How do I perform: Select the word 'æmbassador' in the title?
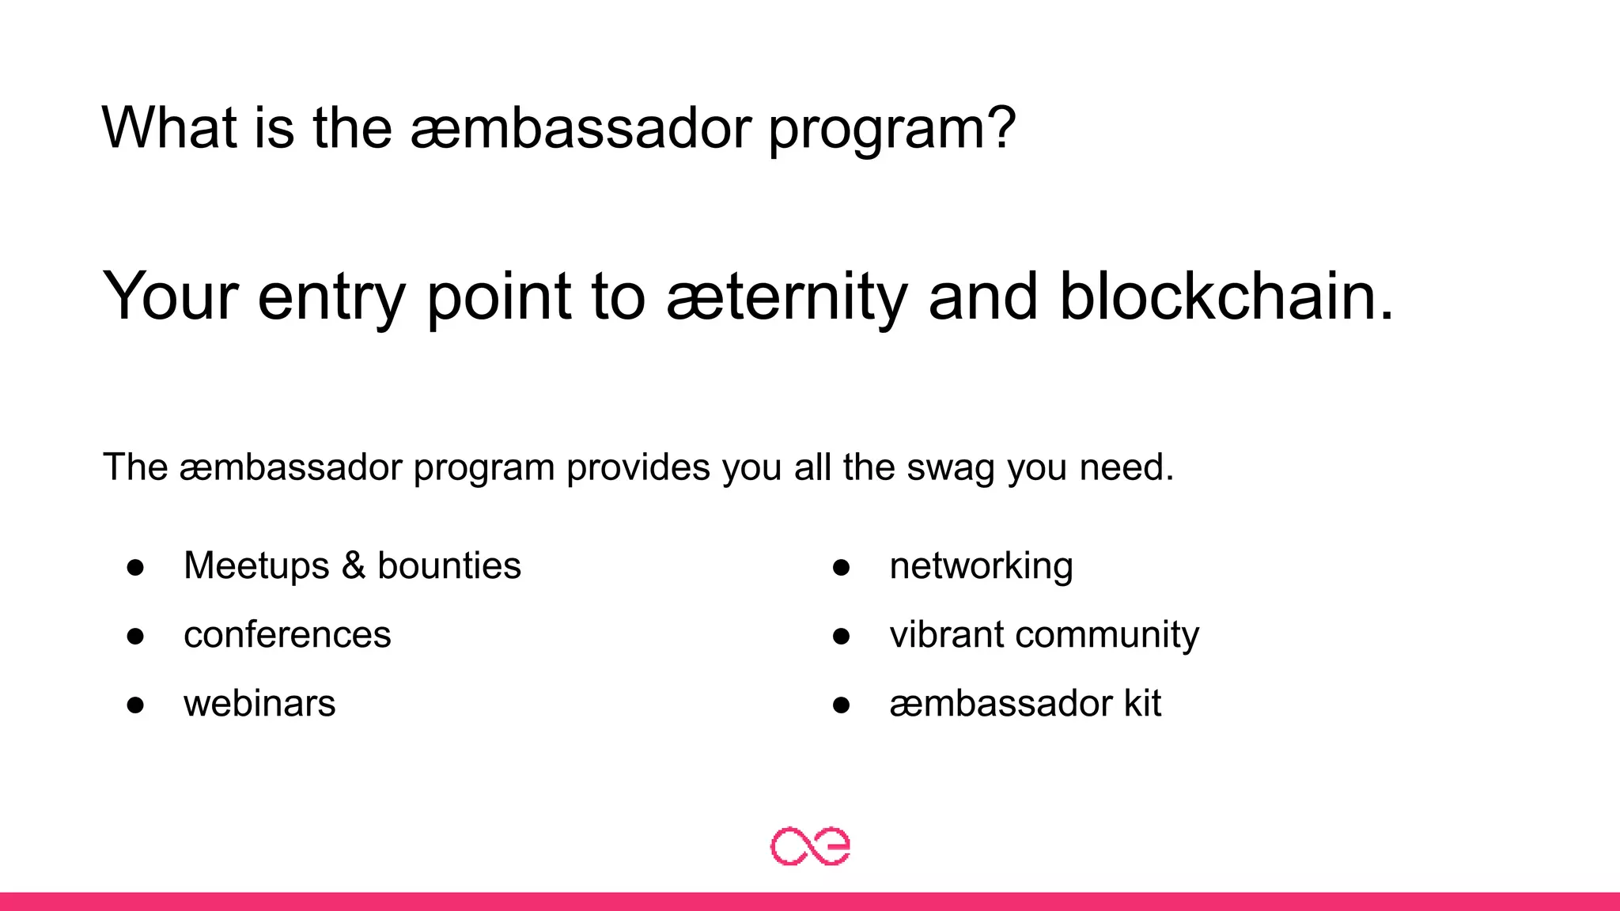click(581, 128)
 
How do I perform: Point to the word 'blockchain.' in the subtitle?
click(1226, 297)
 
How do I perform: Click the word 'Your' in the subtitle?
click(170, 297)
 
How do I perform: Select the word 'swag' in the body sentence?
click(950, 468)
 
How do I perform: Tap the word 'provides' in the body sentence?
click(638, 468)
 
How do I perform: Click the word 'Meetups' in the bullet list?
click(256, 566)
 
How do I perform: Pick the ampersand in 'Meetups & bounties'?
click(353, 566)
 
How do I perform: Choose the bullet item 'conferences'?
click(287, 635)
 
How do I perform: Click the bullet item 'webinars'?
click(259, 704)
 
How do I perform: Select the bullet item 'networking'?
click(981, 566)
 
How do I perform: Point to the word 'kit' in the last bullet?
click(1143, 704)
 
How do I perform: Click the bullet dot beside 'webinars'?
click(135, 705)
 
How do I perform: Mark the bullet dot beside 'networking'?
click(841, 567)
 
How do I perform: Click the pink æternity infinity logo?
click(810, 846)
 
